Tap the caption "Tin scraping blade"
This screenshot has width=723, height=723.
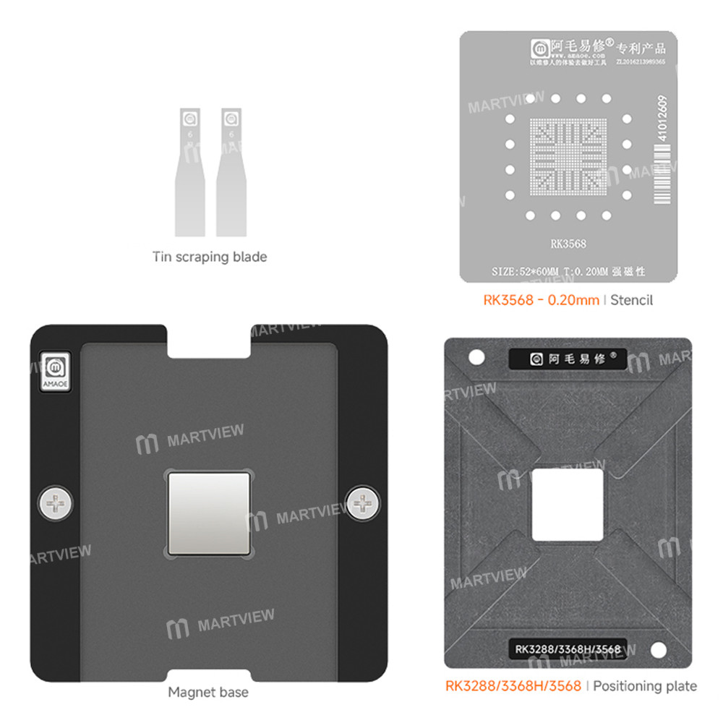[x=210, y=257]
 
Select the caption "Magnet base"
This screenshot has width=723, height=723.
[x=208, y=692]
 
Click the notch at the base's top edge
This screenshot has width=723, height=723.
[x=209, y=340]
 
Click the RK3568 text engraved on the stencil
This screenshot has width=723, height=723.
[x=568, y=244]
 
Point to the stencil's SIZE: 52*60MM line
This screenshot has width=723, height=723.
[x=568, y=272]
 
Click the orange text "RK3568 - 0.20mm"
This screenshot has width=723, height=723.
[x=541, y=300]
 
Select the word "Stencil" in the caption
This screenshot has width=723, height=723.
[x=631, y=300]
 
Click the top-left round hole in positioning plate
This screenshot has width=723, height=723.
[x=476, y=357]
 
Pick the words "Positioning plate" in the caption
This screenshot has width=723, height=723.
[x=645, y=685]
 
